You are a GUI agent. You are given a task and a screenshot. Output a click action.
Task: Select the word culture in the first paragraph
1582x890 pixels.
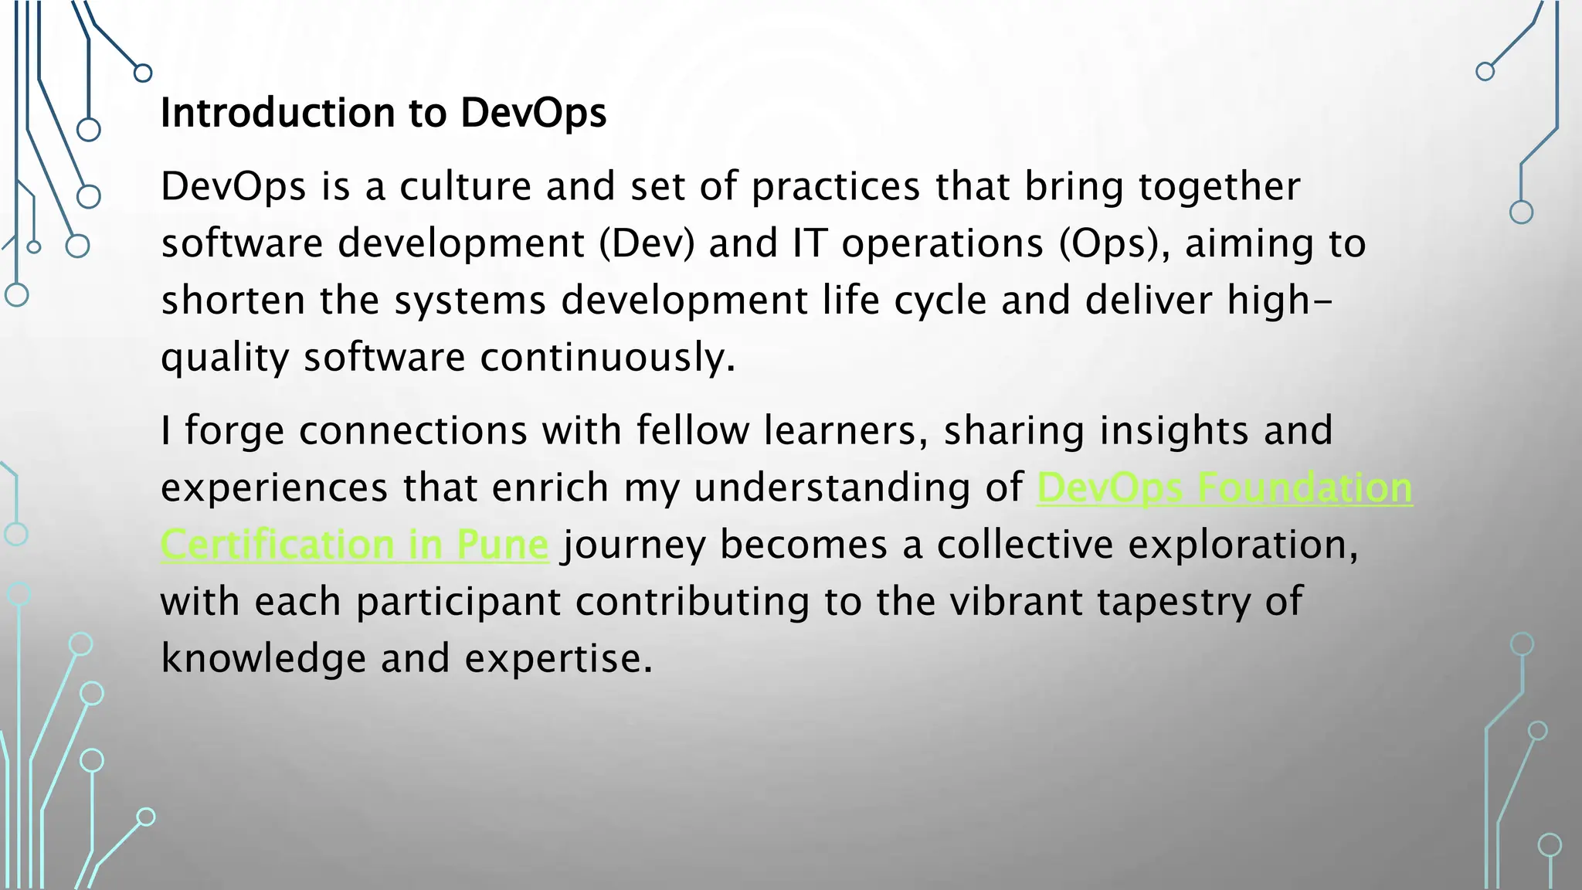[466, 186]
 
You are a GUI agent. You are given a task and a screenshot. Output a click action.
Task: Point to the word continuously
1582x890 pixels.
[607, 358]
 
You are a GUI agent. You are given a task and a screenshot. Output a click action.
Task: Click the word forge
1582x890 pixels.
[235, 431]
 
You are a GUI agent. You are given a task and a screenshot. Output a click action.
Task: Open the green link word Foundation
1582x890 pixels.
[1305, 487]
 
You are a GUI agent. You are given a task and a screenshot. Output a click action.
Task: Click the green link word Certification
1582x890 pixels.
[277, 545]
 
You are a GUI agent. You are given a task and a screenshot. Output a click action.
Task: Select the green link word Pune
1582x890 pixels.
[502, 545]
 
